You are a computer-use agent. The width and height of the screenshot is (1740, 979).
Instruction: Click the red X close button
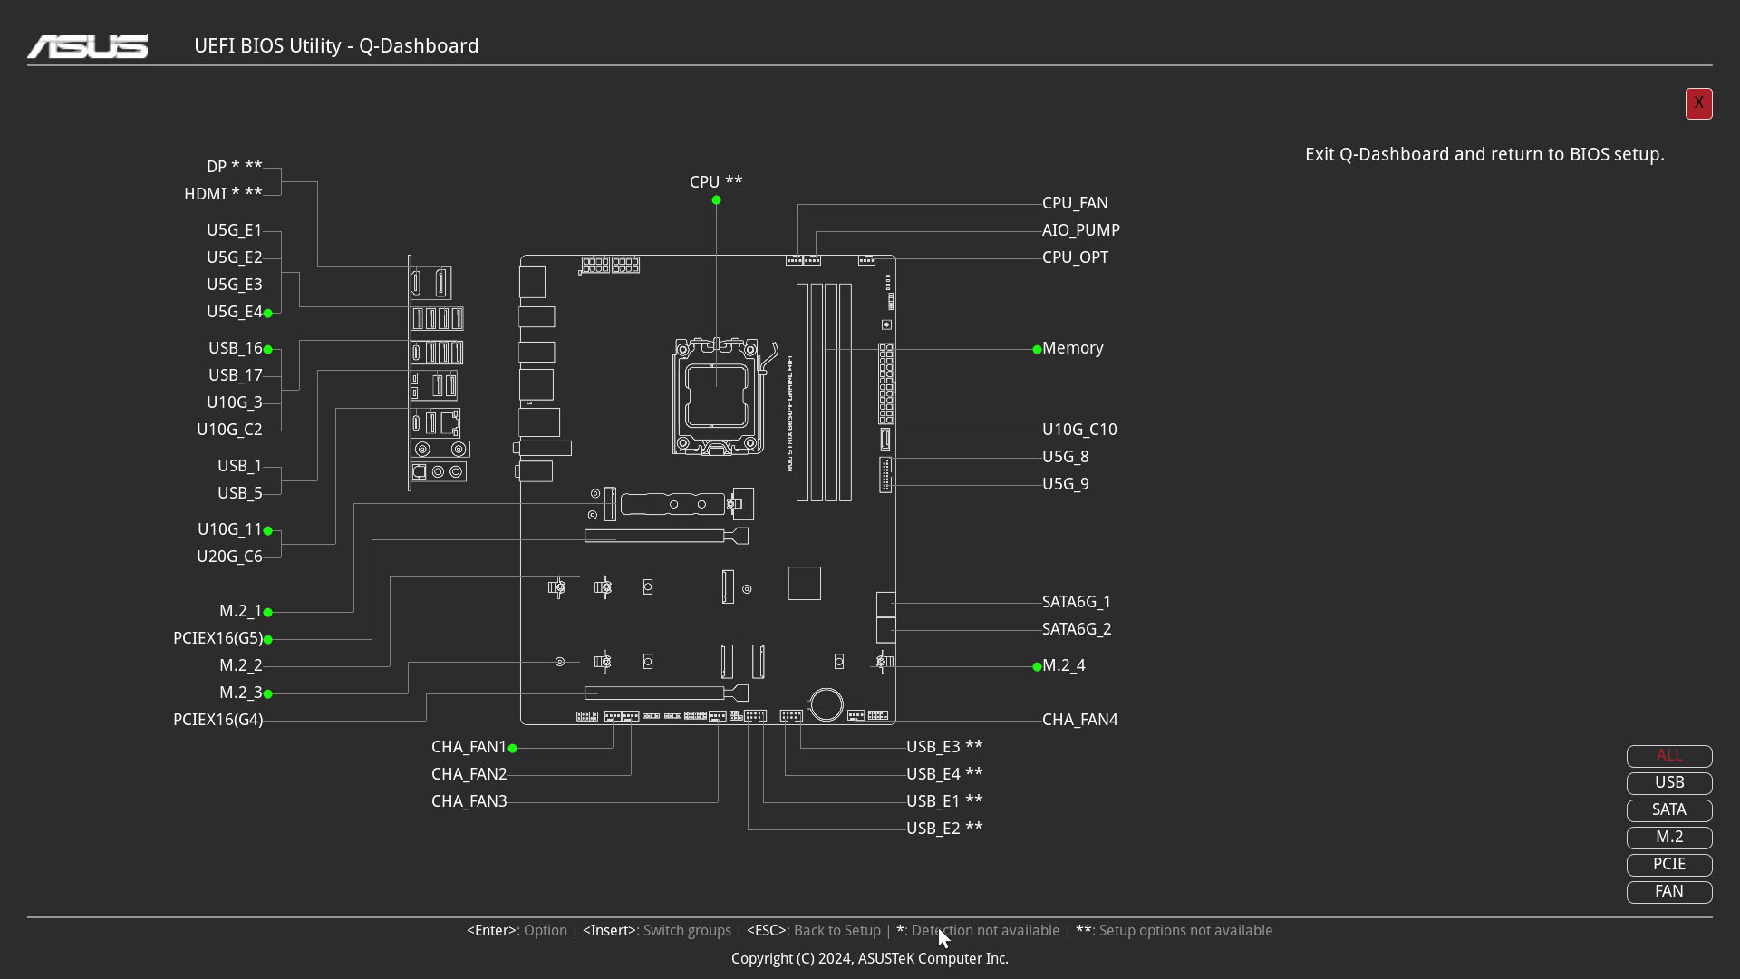(x=1698, y=103)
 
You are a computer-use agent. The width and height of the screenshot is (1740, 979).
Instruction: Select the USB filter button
(x=1669, y=783)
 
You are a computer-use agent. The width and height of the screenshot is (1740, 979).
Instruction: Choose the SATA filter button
(x=1669, y=810)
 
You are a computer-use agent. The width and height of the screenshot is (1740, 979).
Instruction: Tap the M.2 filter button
(x=1669, y=838)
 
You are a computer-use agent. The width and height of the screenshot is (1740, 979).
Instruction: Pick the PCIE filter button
(x=1669, y=865)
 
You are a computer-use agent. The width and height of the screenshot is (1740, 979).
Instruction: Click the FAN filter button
(x=1669, y=892)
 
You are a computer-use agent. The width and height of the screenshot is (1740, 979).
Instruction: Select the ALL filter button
(x=1669, y=756)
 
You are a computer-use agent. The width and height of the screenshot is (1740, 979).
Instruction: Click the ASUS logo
(x=88, y=46)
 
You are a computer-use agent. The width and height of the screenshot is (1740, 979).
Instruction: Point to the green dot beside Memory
(x=1037, y=349)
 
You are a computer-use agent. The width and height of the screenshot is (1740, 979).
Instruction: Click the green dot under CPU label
(x=716, y=200)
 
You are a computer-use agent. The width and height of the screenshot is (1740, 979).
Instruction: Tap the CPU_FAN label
(x=1075, y=203)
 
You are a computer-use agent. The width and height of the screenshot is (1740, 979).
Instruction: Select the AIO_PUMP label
(x=1081, y=230)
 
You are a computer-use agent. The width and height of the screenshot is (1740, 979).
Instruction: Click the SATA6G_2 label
(x=1077, y=629)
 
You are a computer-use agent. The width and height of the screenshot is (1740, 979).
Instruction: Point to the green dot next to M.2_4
(x=1037, y=666)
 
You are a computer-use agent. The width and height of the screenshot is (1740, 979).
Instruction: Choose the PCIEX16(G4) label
(x=217, y=720)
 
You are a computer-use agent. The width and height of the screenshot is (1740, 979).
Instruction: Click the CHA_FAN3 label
(x=469, y=801)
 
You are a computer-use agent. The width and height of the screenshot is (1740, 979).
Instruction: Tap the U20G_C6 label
(x=229, y=557)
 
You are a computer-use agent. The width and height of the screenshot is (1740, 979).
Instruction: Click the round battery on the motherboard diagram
(x=826, y=704)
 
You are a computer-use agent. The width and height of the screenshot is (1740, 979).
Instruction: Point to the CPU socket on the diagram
(x=716, y=396)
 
